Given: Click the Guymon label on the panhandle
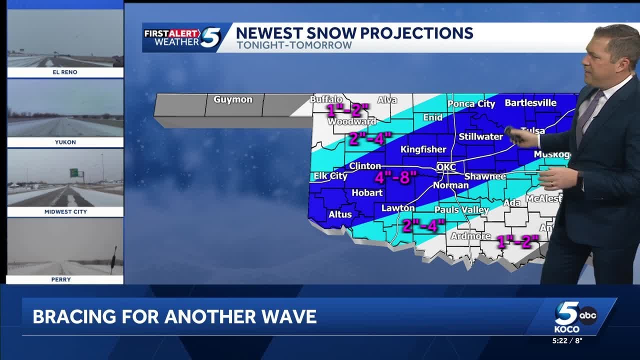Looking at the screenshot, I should pyautogui.click(x=233, y=99).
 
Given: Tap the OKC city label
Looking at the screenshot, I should pyautogui.click(x=446, y=167).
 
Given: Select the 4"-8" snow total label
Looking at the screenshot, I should pyautogui.click(x=396, y=177).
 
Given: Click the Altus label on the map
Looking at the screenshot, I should pyautogui.click(x=340, y=214).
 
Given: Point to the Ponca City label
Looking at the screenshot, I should pyautogui.click(x=471, y=104).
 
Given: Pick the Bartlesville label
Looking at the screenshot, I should pyautogui.click(x=530, y=103).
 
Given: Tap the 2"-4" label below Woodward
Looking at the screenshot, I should pyautogui.click(x=370, y=138).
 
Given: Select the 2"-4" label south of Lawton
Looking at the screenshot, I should pyautogui.click(x=423, y=225).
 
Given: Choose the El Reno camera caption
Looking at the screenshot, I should pyautogui.click(x=65, y=72).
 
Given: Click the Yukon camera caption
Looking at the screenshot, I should pyautogui.click(x=65, y=142).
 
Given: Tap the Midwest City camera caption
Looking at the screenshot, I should pyautogui.click(x=65, y=212).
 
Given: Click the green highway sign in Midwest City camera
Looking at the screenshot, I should pyautogui.click(x=73, y=172).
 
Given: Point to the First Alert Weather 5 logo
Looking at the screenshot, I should pyautogui.click(x=182, y=37).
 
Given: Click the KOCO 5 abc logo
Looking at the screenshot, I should pyautogui.click(x=575, y=316).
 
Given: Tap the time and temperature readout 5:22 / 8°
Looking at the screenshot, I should pyautogui.click(x=567, y=340).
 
